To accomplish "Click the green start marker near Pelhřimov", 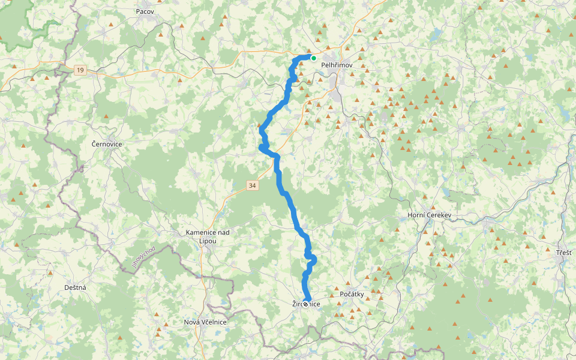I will click(x=313, y=58).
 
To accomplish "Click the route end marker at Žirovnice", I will click(x=306, y=304).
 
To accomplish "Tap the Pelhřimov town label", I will click(x=337, y=65).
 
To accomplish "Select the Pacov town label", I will click(x=145, y=11).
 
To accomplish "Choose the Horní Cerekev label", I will click(x=429, y=215).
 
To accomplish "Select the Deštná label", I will click(x=75, y=287).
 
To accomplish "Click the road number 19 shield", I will click(x=80, y=70).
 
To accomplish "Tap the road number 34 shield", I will click(x=252, y=186).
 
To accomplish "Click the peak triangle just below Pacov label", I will click(x=160, y=34).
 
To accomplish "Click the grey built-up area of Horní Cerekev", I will click(x=427, y=229).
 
